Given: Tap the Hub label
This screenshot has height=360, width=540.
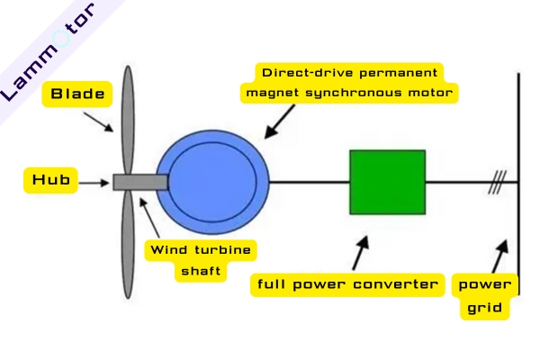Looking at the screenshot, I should point(50,181).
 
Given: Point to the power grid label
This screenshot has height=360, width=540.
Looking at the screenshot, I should point(485,296).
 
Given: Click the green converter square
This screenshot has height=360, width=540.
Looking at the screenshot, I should point(387,182).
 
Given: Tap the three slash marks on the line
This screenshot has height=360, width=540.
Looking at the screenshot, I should point(495,183).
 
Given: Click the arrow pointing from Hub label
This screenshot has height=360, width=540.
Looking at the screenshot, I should point(94,182).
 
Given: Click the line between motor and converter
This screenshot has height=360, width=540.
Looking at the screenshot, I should point(309,182).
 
